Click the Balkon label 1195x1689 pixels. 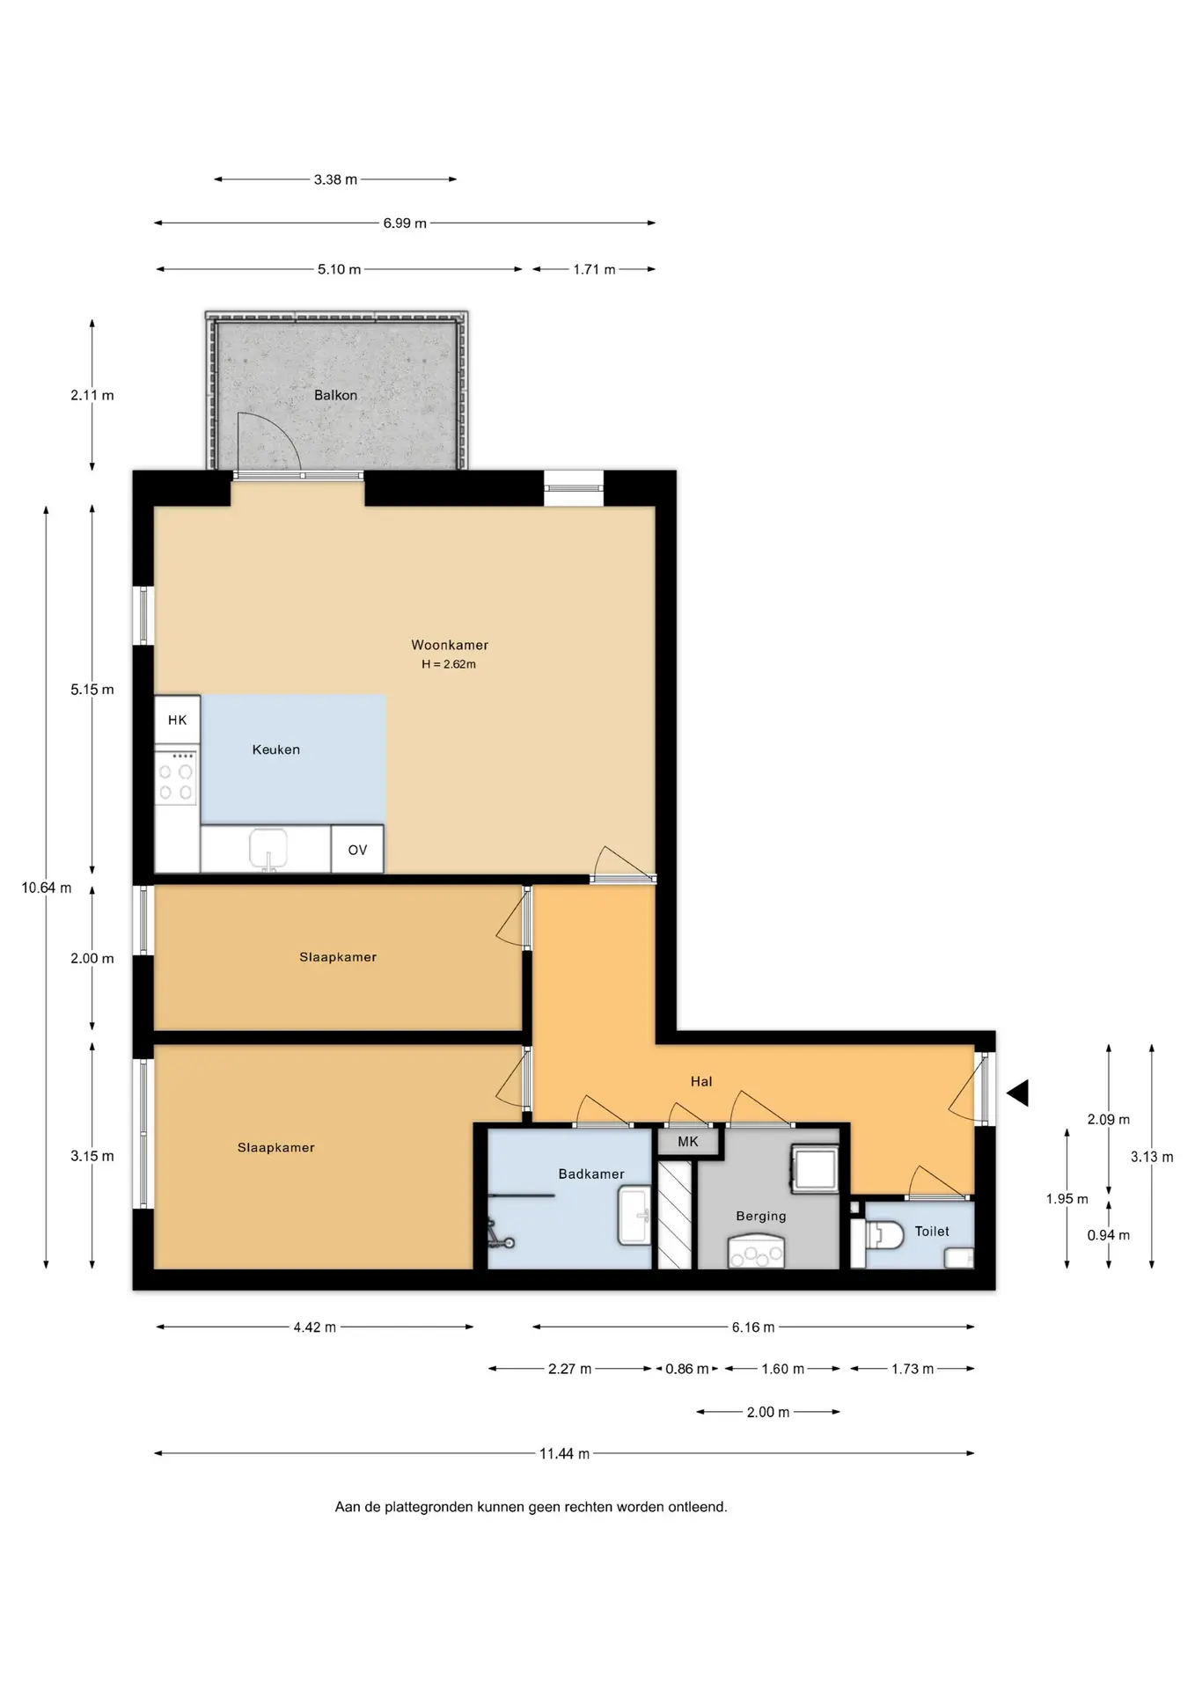335,395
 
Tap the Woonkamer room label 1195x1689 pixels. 450,645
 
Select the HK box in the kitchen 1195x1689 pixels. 178,720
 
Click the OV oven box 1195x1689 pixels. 357,849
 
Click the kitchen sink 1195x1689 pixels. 268,849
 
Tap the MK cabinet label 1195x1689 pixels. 688,1141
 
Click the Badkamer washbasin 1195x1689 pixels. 634,1215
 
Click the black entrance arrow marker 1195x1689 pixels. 1018,1093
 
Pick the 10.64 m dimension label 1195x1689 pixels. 47,888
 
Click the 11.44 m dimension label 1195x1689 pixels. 564,1453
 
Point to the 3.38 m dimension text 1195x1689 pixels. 335,179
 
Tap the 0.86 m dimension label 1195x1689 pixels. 686,1369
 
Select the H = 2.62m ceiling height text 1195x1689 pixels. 449,664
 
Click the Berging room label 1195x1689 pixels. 761,1216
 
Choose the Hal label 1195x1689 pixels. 701,1081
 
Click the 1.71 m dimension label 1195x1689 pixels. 594,269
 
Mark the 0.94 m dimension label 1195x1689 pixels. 1108,1235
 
